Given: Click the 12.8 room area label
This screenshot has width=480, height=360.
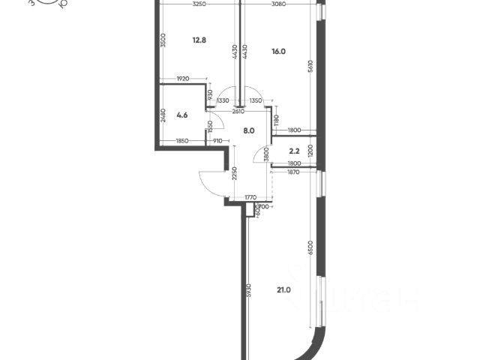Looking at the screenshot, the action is coord(198,41).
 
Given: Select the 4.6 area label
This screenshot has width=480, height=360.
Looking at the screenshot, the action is coord(181,115).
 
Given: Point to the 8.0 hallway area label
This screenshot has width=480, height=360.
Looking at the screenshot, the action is coord(248,130).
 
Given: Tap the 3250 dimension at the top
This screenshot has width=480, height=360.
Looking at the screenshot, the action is coord(199,5).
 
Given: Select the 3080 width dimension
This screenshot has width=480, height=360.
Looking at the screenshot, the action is coord(279,5).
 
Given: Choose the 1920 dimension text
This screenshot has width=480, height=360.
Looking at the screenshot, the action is coord(183,78).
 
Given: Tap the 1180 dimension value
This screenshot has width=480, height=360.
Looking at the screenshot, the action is coord(277,119).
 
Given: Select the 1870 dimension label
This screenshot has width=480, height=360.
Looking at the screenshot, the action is coord(293,172).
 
